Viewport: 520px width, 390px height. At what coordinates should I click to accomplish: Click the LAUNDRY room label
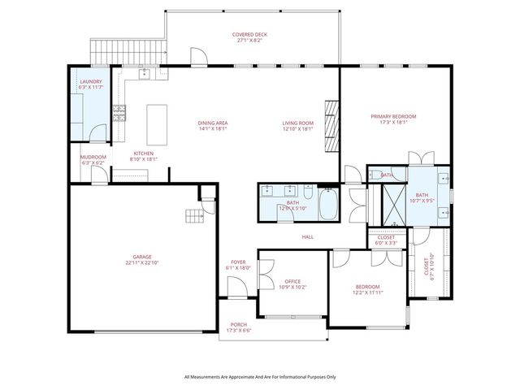coord(90,82)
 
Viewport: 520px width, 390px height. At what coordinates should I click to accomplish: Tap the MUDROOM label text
coord(93,157)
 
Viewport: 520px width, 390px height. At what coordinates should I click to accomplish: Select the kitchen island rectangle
coord(157,123)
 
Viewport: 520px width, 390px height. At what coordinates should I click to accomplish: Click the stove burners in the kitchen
coord(119,113)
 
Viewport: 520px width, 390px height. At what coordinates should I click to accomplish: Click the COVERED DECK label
coord(250,34)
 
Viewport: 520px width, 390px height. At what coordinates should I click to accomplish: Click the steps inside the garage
coord(194,215)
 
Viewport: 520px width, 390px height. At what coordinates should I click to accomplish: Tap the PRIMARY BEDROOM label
coord(393,117)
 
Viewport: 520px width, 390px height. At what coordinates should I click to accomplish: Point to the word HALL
coord(308,236)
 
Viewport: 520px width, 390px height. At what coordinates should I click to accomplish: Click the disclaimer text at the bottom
coord(259,377)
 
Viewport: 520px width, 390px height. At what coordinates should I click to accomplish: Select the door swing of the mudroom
coord(97,176)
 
